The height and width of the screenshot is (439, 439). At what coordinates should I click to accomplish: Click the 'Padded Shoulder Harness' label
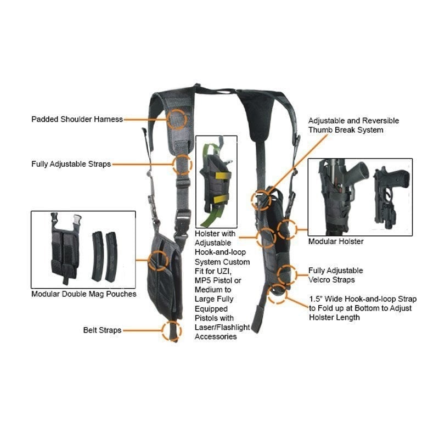(x=77, y=119)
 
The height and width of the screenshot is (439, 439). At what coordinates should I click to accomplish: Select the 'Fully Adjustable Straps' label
(x=71, y=164)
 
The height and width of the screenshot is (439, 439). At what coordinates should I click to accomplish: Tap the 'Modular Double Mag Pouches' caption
(x=83, y=294)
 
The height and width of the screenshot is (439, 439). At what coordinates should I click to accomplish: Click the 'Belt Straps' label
(x=102, y=330)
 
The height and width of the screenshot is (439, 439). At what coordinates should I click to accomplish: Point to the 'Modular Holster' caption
(x=335, y=241)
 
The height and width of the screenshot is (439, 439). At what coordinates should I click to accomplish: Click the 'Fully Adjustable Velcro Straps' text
(x=335, y=275)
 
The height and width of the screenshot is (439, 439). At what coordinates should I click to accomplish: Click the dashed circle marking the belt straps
(x=172, y=330)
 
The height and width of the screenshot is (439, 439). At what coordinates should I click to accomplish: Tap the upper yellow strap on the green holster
(x=217, y=176)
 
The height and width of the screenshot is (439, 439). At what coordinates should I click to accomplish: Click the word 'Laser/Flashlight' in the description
(x=222, y=328)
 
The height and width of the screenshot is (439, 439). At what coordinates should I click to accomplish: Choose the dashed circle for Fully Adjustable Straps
(x=182, y=164)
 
